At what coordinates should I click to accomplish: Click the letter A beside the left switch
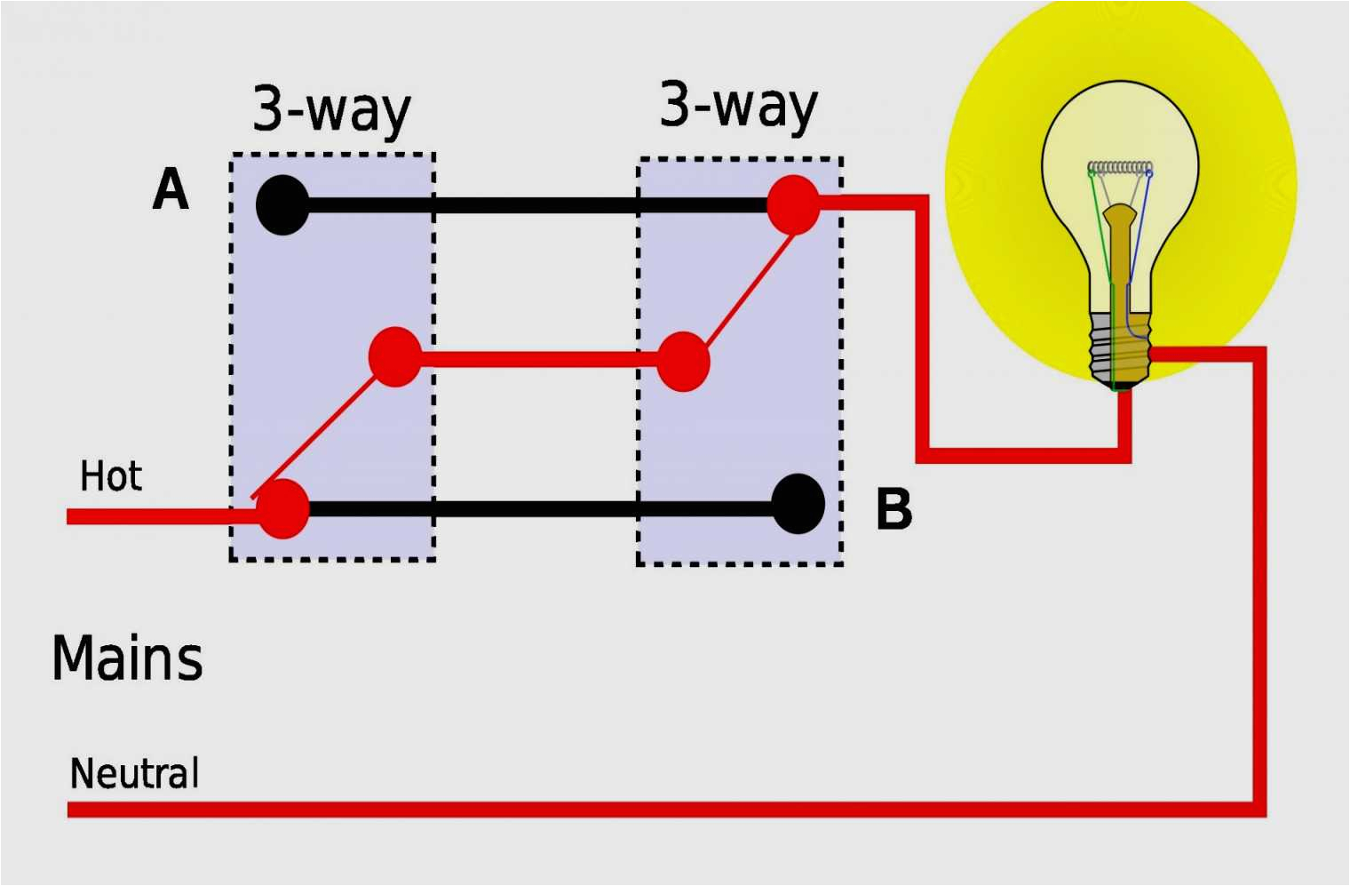click(x=171, y=189)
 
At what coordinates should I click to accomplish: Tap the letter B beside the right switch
click(x=893, y=509)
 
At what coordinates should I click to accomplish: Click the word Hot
click(x=111, y=476)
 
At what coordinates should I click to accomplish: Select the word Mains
click(x=127, y=659)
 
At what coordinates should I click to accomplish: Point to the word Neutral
click(x=134, y=773)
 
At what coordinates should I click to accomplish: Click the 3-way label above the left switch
click(x=331, y=109)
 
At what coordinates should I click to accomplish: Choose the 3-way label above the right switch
click(x=738, y=106)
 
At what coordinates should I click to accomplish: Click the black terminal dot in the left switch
click(x=282, y=204)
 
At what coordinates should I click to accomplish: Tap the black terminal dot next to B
click(x=798, y=504)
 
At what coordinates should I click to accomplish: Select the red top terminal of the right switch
click(x=793, y=204)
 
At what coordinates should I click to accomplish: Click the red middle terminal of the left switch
click(x=395, y=356)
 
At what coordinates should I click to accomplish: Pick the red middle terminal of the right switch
click(x=683, y=361)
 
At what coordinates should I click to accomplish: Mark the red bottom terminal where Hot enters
click(x=282, y=508)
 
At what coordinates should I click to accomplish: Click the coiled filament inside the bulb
click(x=1120, y=167)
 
